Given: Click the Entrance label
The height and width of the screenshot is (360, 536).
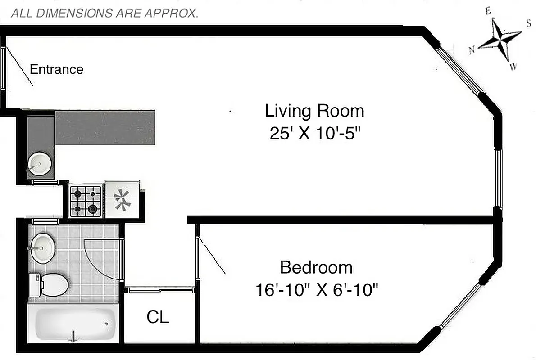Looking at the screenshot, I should [56, 69].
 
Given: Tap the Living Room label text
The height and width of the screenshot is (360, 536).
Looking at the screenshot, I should [314, 111].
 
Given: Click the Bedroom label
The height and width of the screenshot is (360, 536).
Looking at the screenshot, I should [316, 267].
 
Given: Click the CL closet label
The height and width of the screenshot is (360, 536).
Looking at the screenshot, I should [158, 317].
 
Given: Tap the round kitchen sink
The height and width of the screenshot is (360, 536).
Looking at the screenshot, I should [38, 163].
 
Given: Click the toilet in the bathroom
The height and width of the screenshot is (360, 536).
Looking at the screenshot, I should [49, 283].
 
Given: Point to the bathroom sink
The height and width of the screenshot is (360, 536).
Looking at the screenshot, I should [42, 247].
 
